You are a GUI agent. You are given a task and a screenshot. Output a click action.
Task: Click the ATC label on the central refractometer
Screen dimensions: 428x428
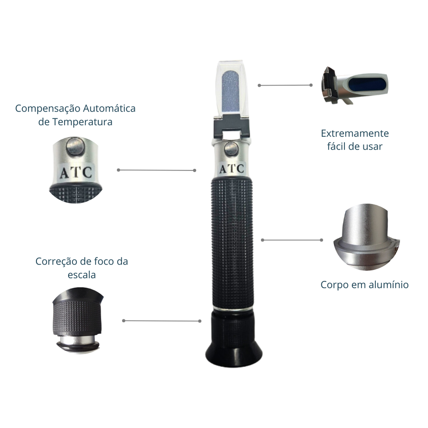tap(232, 169)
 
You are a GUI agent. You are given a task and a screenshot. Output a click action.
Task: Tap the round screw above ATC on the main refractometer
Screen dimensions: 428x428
tap(232, 149)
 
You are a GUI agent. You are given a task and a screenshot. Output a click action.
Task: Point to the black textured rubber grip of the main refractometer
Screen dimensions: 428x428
tap(232, 243)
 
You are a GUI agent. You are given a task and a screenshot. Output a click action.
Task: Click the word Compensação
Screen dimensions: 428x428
tap(47, 109)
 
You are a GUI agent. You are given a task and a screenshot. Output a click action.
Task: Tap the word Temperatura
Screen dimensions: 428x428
tap(82, 122)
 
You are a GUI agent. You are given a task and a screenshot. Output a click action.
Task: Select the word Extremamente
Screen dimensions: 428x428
tap(355, 133)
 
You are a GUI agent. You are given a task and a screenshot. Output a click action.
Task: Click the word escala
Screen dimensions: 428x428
tap(82, 275)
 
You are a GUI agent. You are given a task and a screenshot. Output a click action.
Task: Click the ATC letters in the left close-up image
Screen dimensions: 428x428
tap(76, 173)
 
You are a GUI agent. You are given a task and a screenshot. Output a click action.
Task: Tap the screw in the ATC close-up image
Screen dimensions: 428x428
tap(75, 146)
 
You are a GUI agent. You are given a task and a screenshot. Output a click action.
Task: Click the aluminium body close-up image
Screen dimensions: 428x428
tap(366, 237)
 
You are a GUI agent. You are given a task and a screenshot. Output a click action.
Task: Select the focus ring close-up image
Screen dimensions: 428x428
tap(78, 321)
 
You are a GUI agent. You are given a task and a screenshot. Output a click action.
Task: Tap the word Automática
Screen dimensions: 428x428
tap(109, 108)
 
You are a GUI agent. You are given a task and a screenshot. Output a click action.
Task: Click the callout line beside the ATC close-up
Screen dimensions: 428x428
tap(156, 170)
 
